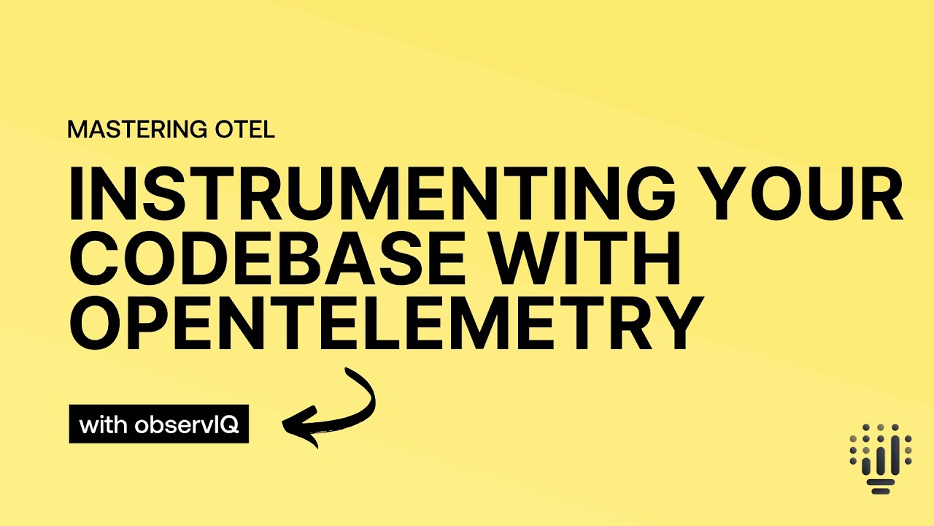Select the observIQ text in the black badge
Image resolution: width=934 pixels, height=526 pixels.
coord(188,424)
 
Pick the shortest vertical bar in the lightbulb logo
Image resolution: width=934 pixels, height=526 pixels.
coord(867,465)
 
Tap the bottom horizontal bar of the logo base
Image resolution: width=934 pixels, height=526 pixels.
coord(881,490)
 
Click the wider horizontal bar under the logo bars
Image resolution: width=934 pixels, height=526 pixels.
coord(881,481)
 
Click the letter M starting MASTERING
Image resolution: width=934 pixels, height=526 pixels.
coord(76,130)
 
